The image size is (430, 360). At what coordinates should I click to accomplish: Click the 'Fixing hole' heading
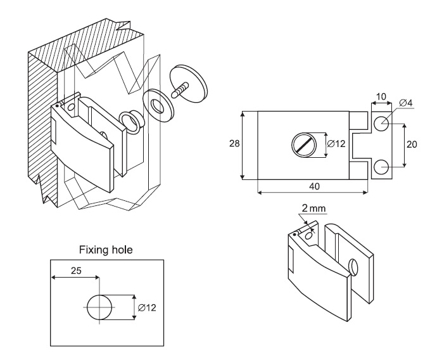(x=107, y=249)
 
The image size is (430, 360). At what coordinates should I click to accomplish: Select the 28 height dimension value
(x=234, y=145)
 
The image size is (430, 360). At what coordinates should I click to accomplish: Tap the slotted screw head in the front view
(x=303, y=145)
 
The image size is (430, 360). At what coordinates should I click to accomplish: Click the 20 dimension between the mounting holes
(x=412, y=145)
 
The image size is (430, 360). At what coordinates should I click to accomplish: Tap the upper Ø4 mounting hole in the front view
(x=381, y=125)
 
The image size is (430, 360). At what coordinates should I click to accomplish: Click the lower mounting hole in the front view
(x=381, y=168)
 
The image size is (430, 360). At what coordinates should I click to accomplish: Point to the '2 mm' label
(x=315, y=209)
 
